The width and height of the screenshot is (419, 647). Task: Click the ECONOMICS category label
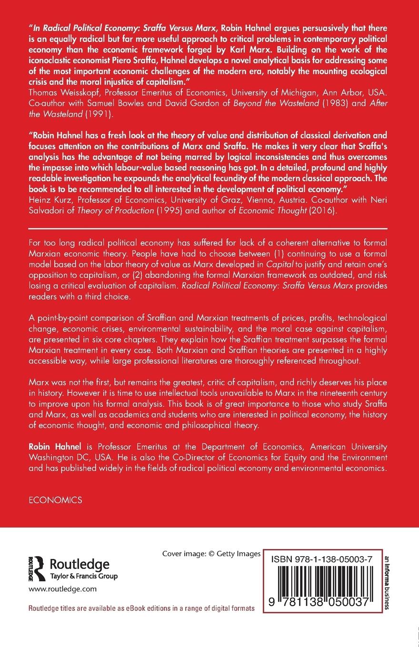pyautogui.click(x=55, y=500)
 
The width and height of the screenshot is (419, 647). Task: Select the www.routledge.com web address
pyautogui.click(x=62, y=588)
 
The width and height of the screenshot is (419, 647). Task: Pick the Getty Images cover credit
pyautogui.click(x=211, y=554)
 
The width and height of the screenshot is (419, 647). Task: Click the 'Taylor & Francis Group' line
pyautogui.click(x=84, y=577)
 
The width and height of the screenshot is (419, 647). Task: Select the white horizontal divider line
pyautogui.click(x=209, y=229)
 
